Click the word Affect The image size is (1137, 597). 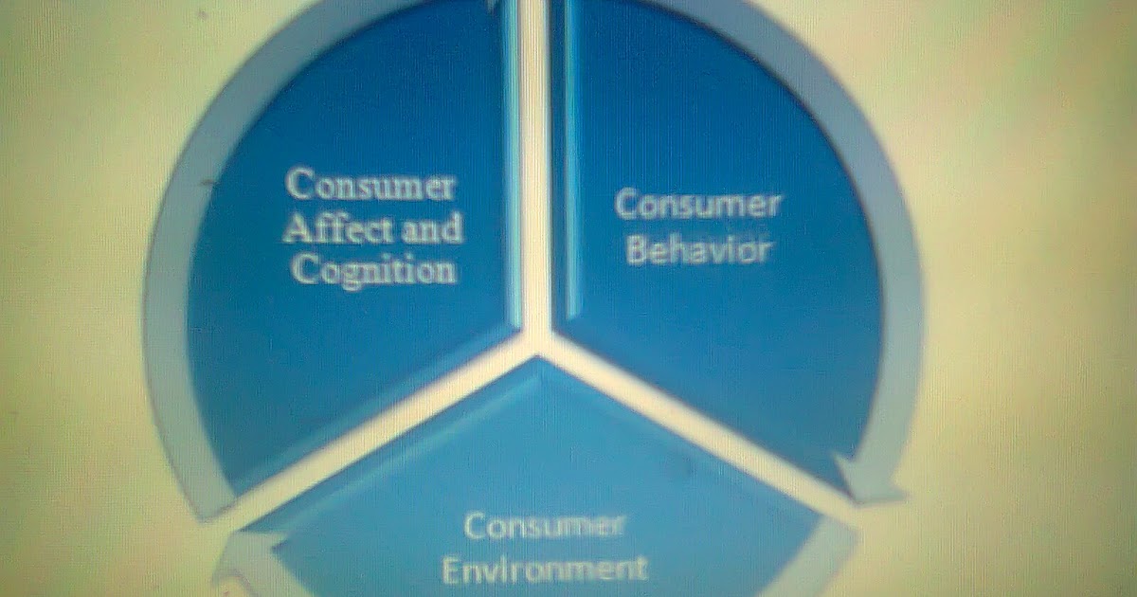[329, 228]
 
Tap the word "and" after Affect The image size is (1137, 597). [427, 228]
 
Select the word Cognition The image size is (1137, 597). [372, 270]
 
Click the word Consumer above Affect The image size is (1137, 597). [370, 185]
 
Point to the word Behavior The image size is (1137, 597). [697, 252]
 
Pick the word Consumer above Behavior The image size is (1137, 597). [697, 205]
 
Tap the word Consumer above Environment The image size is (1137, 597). [544, 527]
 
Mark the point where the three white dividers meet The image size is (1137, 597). [537, 343]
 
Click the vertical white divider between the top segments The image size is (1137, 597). [536, 171]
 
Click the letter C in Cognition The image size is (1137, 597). [302, 270]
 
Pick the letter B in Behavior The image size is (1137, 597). [635, 253]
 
